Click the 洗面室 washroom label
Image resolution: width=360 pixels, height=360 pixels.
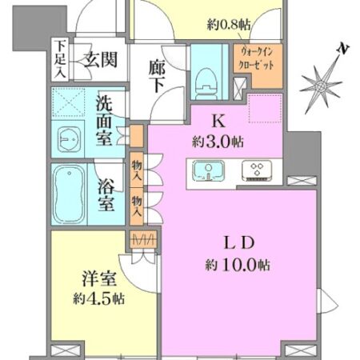click(x=105, y=119)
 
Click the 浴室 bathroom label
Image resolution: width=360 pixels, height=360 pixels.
click(x=106, y=194)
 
